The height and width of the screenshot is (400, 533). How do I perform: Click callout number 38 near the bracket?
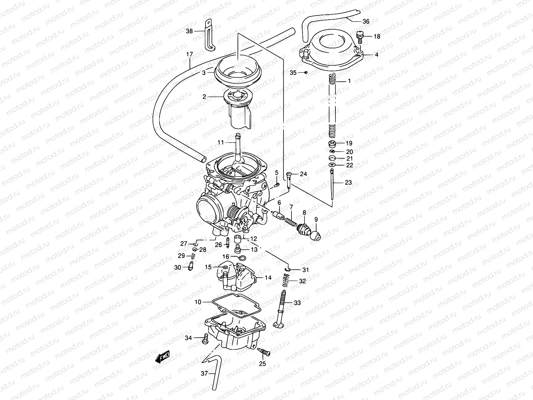pos(190,31)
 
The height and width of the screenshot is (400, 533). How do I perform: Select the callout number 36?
pos(366,22)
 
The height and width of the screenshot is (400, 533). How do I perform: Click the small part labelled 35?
pos(305,72)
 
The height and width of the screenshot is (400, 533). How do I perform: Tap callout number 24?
pos(303,174)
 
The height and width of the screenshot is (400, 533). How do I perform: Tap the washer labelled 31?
pos(287,269)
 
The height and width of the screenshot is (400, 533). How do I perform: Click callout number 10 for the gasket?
pos(198,302)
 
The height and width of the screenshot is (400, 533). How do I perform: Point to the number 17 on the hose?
pos(190,54)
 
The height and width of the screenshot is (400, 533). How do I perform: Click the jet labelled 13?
pos(238,249)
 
